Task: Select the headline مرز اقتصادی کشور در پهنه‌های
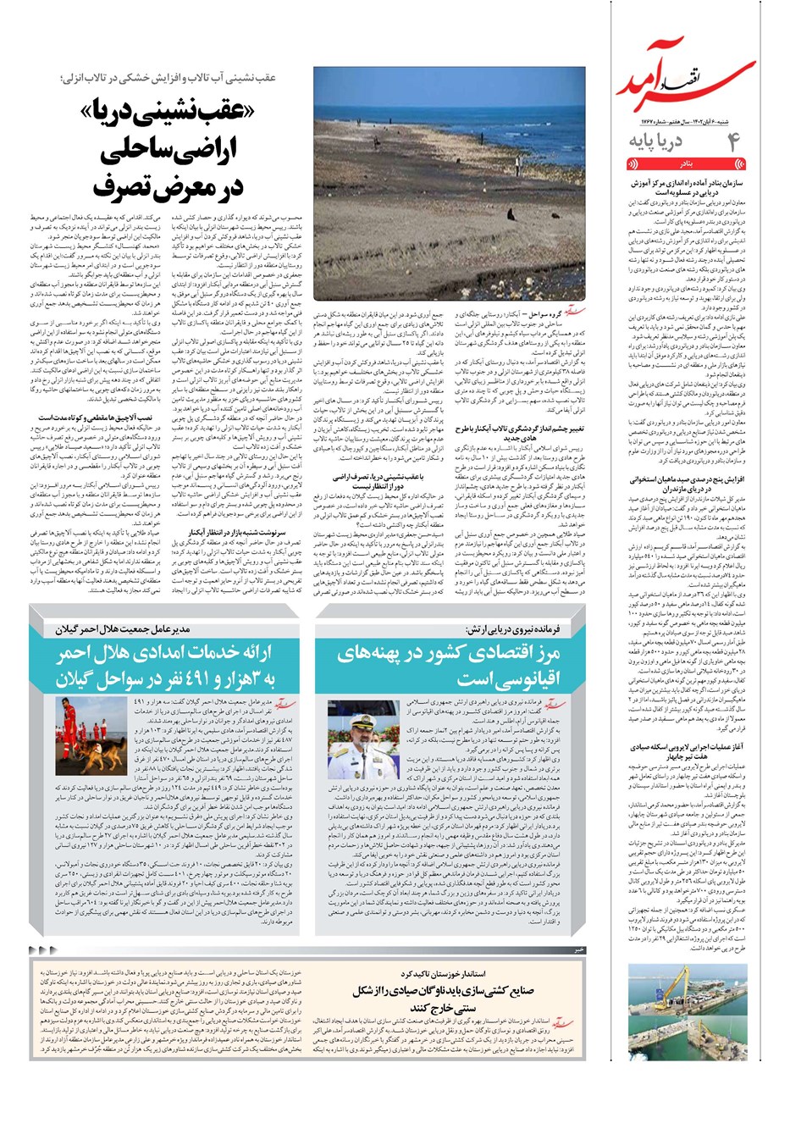click(x=447, y=653)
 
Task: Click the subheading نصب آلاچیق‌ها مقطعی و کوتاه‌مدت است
click(x=95, y=418)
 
